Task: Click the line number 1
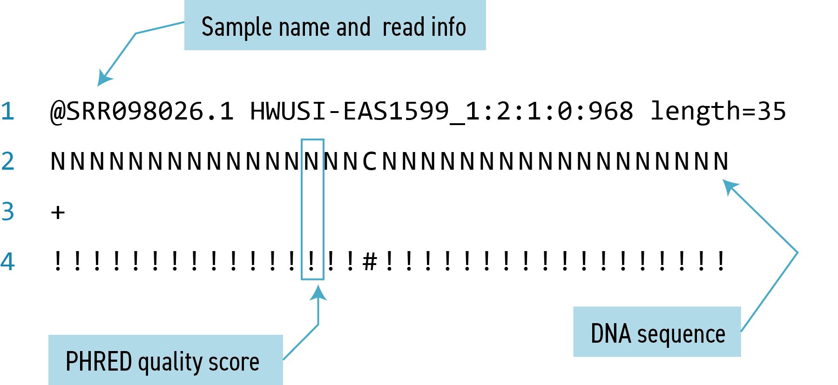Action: coord(8,112)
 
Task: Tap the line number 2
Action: coord(8,161)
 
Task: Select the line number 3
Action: coord(8,211)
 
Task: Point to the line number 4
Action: coord(8,261)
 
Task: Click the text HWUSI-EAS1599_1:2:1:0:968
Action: coord(441,112)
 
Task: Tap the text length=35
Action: coord(717,112)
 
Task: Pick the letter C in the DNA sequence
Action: coord(370,162)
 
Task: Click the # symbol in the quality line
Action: coord(370,261)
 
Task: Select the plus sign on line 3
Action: coord(58,212)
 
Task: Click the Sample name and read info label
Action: coord(334,26)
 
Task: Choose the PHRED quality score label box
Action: coord(165,360)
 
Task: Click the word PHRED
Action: coord(99,361)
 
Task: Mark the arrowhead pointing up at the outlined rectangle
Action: coord(318,293)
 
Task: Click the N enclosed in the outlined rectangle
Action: coord(312,162)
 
